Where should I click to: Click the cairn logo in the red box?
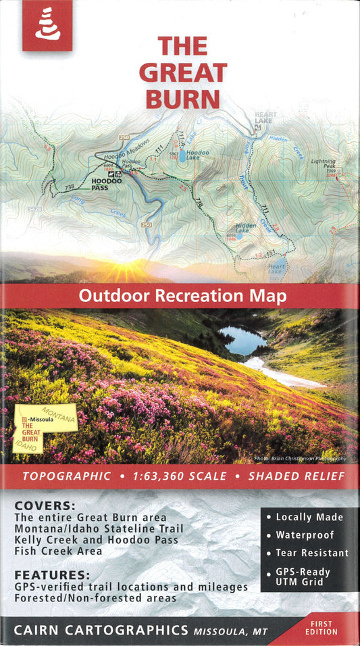click(47, 25)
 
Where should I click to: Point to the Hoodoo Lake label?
click(197, 153)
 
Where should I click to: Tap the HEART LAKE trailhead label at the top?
click(265, 118)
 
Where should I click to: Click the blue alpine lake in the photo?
click(242, 341)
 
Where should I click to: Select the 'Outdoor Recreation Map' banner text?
click(182, 296)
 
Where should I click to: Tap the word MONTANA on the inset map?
click(59, 412)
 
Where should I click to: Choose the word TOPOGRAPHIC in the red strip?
click(67, 476)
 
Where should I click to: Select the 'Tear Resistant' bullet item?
click(311, 553)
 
